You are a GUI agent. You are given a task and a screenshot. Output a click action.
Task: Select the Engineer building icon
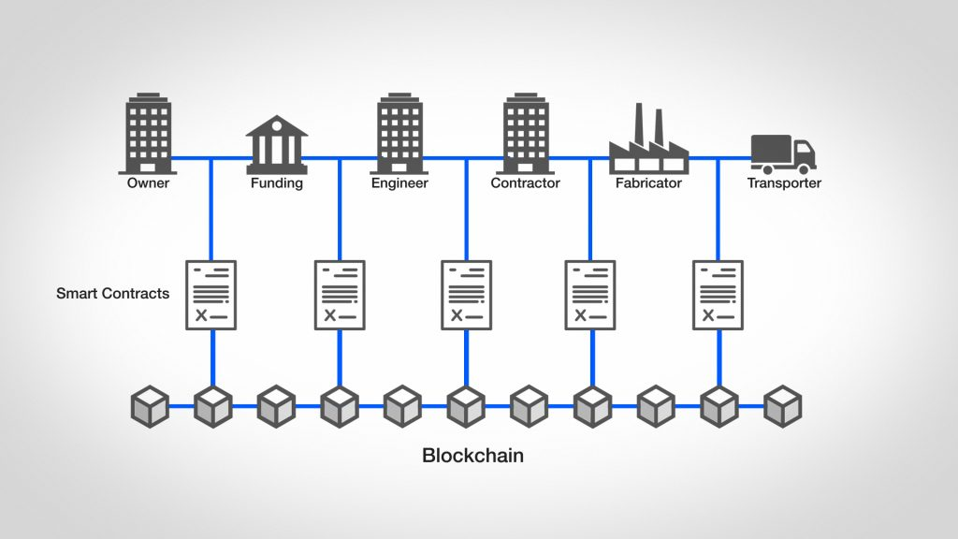399,134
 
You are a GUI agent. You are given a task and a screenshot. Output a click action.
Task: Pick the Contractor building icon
525,134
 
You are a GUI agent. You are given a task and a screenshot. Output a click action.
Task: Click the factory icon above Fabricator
648,145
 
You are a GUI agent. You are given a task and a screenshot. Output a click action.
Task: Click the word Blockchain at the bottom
472,457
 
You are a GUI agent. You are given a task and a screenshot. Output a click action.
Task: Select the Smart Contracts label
112,293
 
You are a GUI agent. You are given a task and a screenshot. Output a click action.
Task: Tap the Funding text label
276,183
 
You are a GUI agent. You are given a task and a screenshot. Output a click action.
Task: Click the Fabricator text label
648,183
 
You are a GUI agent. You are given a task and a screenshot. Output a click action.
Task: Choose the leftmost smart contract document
212,295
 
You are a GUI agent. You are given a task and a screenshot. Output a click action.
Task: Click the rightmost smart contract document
718,295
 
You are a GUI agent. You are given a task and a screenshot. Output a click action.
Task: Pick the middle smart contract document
466,295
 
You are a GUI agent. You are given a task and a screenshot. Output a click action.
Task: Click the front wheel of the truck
802,168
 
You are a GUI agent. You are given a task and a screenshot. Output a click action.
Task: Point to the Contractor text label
525,183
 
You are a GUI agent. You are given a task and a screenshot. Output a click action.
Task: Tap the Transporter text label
784,183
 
